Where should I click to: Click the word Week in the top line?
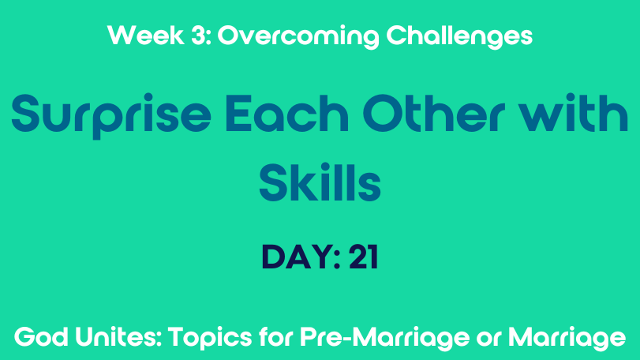146,35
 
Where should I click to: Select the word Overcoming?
298,37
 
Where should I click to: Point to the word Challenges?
459,37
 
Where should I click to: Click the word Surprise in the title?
111,116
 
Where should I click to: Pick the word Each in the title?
286,113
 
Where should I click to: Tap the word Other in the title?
433,113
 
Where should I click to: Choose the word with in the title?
574,113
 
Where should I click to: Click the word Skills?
320,182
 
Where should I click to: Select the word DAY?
298,257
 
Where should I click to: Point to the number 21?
363,257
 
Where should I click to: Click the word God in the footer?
41,337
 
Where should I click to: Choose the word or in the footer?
488,339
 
